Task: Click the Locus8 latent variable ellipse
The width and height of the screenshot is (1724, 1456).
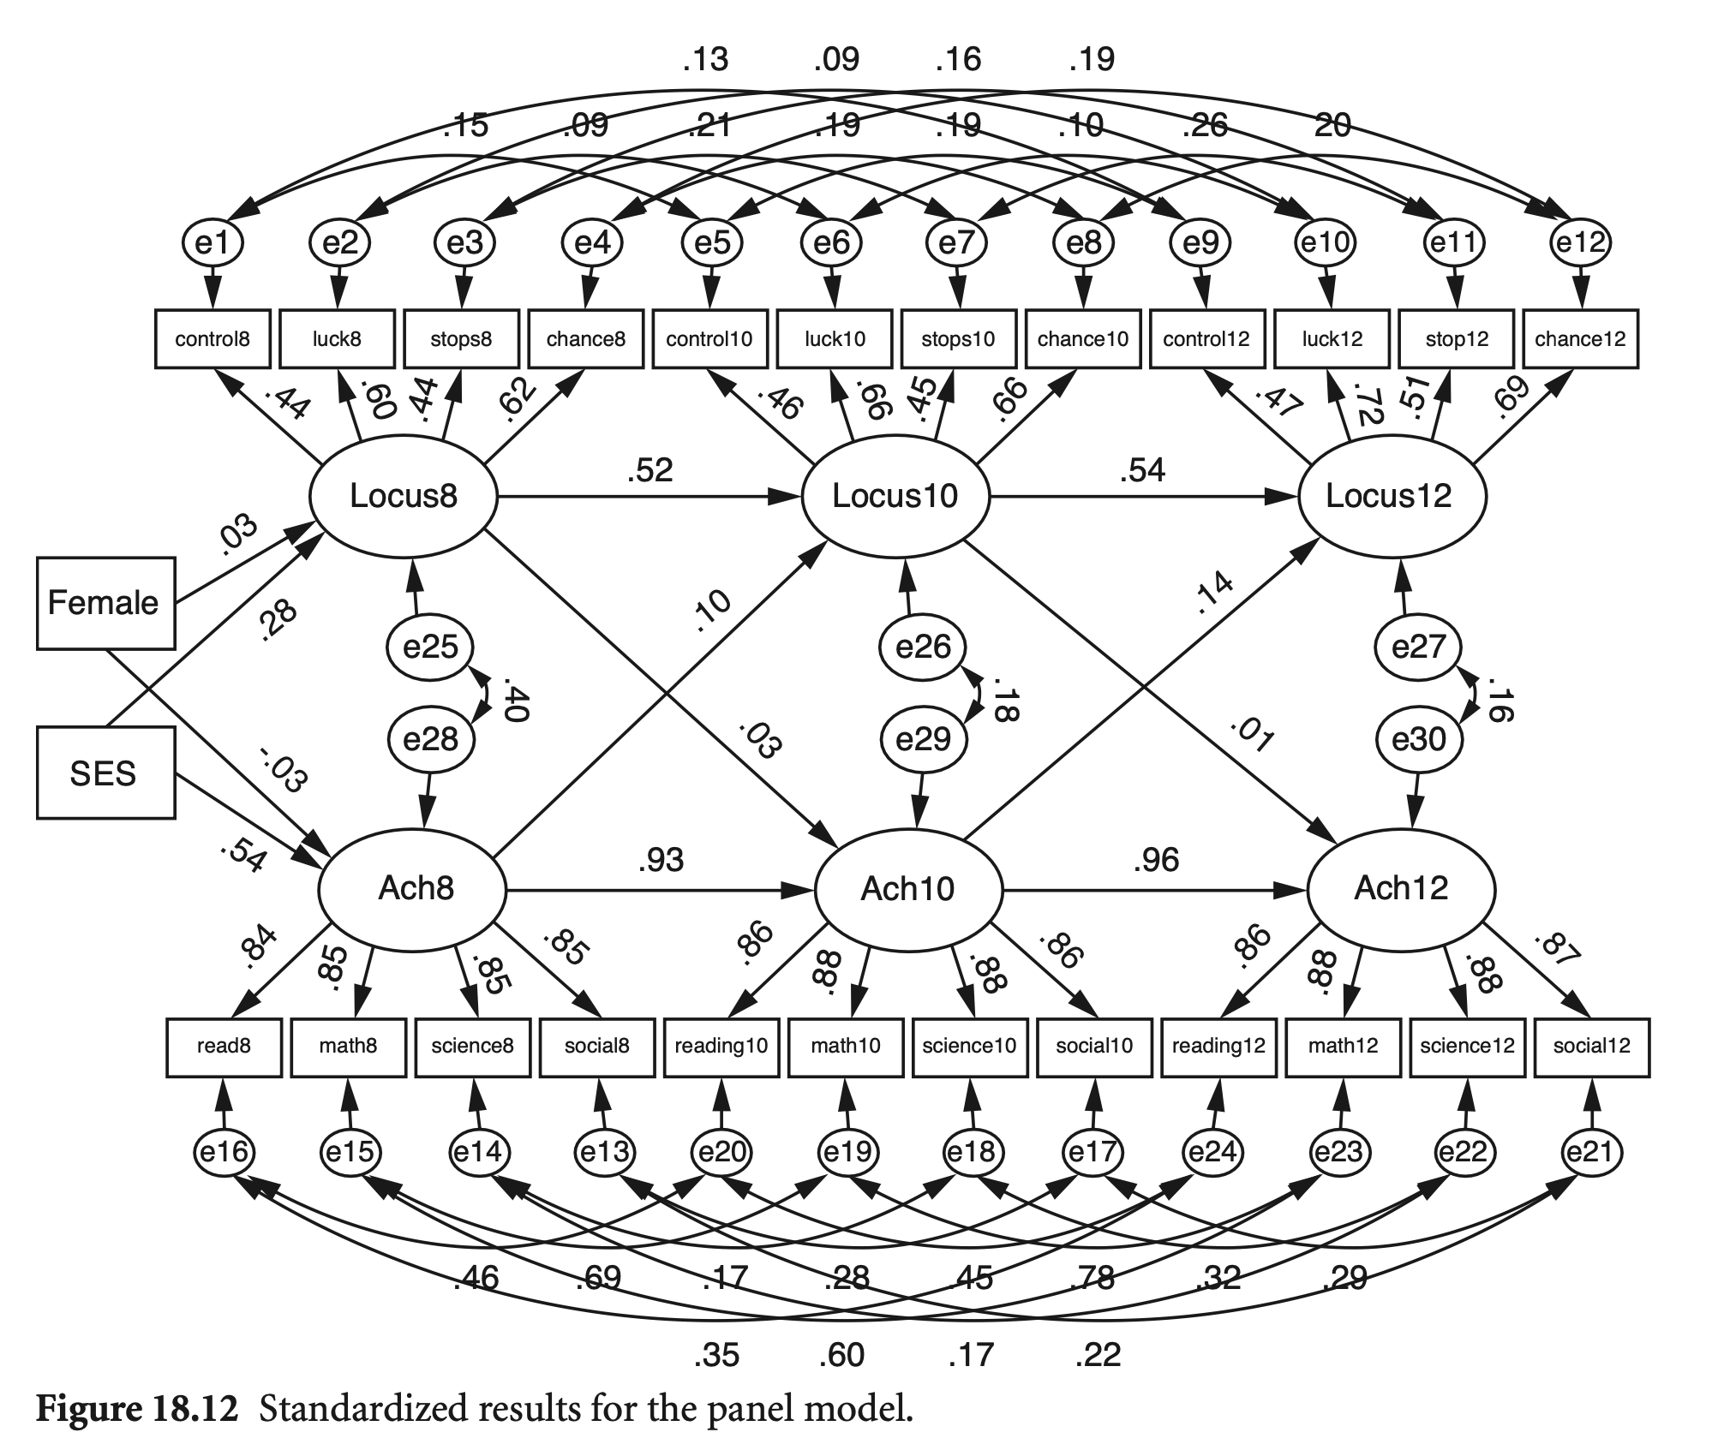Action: coord(403,496)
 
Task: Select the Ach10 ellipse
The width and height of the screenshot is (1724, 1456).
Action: coord(908,889)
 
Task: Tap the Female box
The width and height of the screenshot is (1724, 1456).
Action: coord(105,603)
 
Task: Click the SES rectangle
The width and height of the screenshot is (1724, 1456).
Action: coord(105,773)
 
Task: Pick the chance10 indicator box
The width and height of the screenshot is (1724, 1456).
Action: coord(1083,339)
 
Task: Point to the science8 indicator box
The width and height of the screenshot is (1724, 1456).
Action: coord(472,1046)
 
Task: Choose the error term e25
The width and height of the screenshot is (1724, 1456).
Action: coord(429,647)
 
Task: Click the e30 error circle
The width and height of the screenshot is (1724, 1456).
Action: coord(1419,738)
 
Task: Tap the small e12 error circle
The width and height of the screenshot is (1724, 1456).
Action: coord(1580,243)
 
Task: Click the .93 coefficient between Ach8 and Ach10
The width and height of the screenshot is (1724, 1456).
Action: coord(661,860)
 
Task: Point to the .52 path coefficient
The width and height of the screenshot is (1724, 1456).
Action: coord(649,470)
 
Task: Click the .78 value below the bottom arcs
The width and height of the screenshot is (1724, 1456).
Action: coord(1092,1279)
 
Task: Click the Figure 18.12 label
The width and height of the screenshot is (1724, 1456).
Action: coord(136,1409)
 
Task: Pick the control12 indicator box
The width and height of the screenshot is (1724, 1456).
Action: coord(1206,339)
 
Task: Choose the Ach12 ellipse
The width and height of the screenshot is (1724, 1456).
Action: coord(1401,889)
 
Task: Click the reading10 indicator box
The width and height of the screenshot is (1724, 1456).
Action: coord(721,1046)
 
